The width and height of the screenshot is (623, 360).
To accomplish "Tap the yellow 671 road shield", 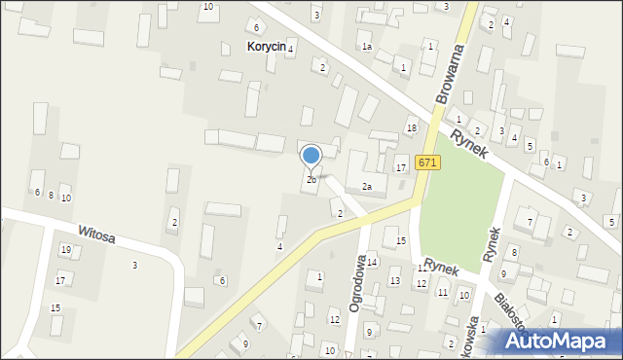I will pyautogui.click(x=425, y=162).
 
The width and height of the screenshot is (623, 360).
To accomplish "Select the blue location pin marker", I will pyautogui.click(x=311, y=157).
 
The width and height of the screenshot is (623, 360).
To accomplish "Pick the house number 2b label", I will pyautogui.click(x=311, y=180).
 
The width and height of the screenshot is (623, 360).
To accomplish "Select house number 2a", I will pyautogui.click(x=367, y=187).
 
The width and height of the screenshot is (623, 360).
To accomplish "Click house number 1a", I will pyautogui.click(x=366, y=47).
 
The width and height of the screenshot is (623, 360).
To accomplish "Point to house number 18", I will pyautogui.click(x=412, y=128).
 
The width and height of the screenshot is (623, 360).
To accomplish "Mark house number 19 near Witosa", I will pyautogui.click(x=65, y=250).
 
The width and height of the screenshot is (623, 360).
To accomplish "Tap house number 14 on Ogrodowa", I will pyautogui.click(x=372, y=262).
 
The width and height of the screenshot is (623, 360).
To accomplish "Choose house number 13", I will pyautogui.click(x=394, y=281).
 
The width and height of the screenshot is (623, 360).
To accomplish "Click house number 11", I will pyautogui.click(x=442, y=293).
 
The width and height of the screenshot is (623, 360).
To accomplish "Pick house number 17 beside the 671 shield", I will pyautogui.click(x=400, y=168).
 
